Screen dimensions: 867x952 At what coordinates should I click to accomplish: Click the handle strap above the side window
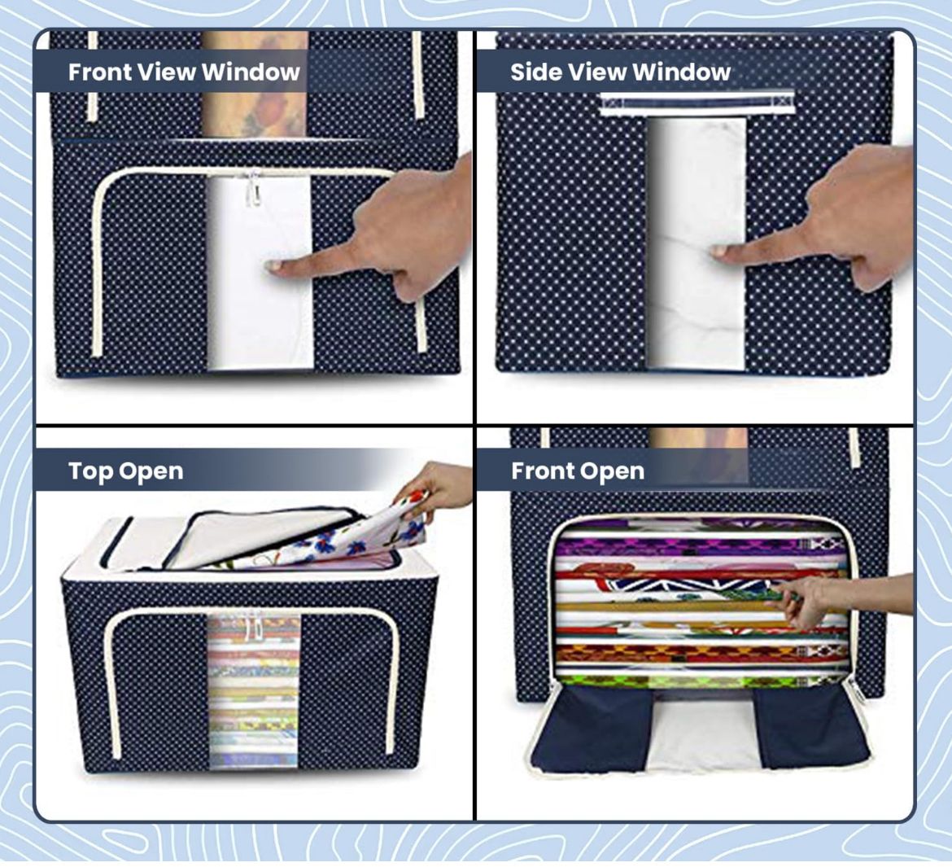(x=696, y=104)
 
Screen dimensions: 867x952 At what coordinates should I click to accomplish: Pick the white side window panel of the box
(x=697, y=244)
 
